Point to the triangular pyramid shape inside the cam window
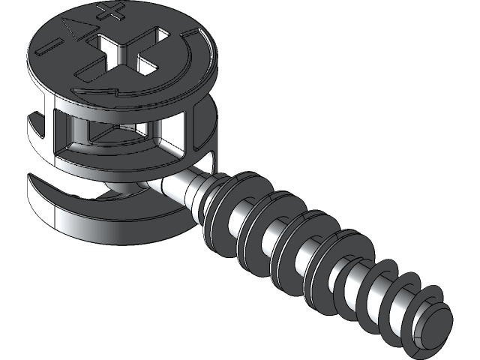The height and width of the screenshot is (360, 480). point(112,133)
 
